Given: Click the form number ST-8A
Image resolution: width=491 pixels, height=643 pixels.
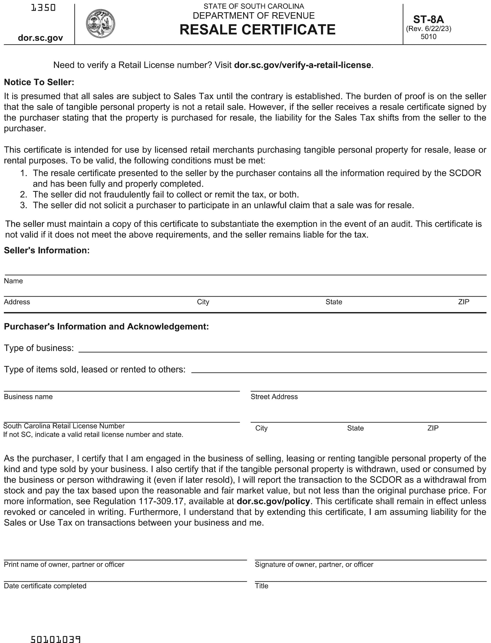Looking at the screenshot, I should coord(428,19).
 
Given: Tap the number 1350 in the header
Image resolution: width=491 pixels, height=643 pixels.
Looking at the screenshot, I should coord(43,7).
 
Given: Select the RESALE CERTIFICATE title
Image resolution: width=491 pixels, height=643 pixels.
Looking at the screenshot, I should coord(257,30).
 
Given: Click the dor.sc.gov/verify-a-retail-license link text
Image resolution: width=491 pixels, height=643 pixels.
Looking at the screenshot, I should coord(302,65).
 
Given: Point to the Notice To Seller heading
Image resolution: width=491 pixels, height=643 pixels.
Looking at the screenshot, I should coord(39,82).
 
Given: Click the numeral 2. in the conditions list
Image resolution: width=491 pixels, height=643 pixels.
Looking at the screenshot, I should coord(24,195).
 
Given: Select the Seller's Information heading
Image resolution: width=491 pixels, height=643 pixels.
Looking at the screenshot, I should coord(46,250).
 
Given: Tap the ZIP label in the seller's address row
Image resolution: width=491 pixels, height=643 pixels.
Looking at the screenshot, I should coord(464,302).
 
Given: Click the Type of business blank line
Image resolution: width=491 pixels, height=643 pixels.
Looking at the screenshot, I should coord(282,349).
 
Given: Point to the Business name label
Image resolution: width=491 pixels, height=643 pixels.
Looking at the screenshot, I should coord(28,397).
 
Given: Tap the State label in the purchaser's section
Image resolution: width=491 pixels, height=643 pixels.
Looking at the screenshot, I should coord(355,428).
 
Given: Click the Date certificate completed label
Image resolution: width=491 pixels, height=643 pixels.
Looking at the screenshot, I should coord(45,586).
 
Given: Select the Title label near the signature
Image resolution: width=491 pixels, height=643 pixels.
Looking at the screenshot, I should coord(261,586).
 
